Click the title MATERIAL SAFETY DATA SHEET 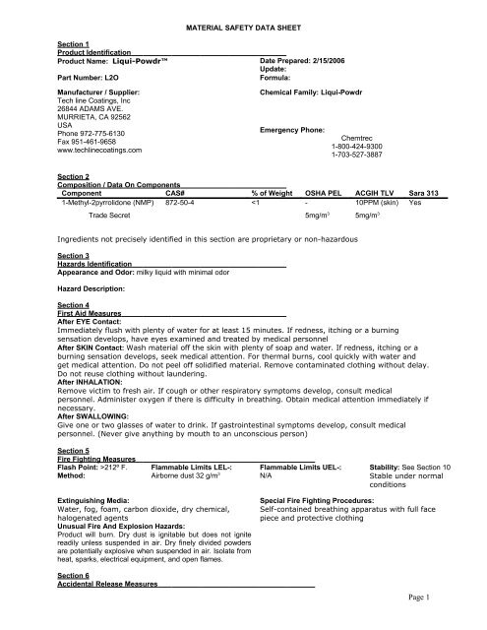click(243, 33)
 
